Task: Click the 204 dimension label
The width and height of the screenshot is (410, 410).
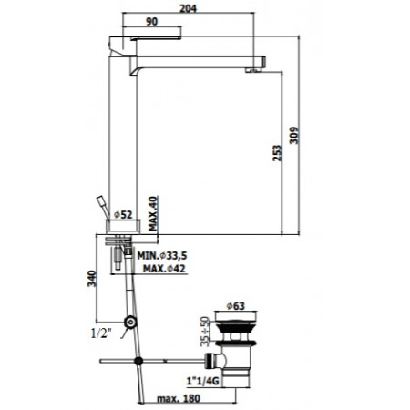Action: [x=188, y=8]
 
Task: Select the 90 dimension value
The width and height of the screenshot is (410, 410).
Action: [x=152, y=22]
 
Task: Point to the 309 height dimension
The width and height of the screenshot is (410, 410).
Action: [x=294, y=136]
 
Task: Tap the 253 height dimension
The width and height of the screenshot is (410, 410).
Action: [x=277, y=153]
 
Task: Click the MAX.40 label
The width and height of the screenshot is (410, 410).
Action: [x=153, y=213]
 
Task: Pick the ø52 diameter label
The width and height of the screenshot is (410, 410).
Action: [x=123, y=215]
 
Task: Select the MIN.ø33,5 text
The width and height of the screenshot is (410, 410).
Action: [x=162, y=256]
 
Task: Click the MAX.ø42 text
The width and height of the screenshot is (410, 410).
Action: [x=164, y=269]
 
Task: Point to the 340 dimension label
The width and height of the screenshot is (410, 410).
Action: [x=92, y=279]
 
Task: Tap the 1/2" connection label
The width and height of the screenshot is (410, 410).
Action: [x=101, y=333]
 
